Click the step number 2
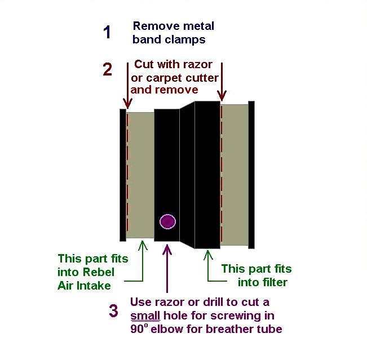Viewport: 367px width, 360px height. (108, 69)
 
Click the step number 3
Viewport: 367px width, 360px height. (114, 310)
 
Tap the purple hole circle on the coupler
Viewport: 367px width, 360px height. (167, 221)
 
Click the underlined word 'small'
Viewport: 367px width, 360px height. (145, 315)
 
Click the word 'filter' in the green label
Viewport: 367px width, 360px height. (272, 282)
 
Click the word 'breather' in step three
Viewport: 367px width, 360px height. (223, 329)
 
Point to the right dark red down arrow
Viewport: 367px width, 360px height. (223, 85)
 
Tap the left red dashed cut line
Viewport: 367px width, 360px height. (127, 175)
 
